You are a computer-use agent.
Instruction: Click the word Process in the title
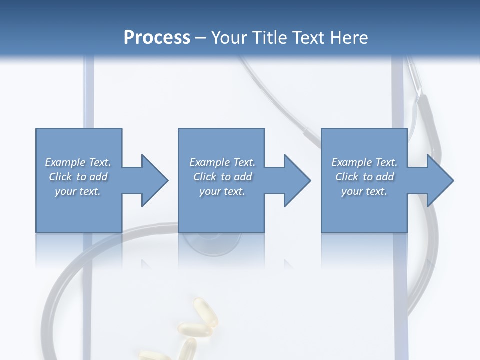[157, 38]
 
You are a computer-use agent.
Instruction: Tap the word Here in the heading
[348, 38]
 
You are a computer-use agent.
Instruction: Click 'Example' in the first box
[65, 162]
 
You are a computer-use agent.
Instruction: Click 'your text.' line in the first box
[78, 191]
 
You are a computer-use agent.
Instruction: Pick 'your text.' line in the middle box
[222, 191]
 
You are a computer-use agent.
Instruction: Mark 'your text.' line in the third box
[364, 191]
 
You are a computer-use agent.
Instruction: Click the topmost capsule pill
[203, 309]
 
